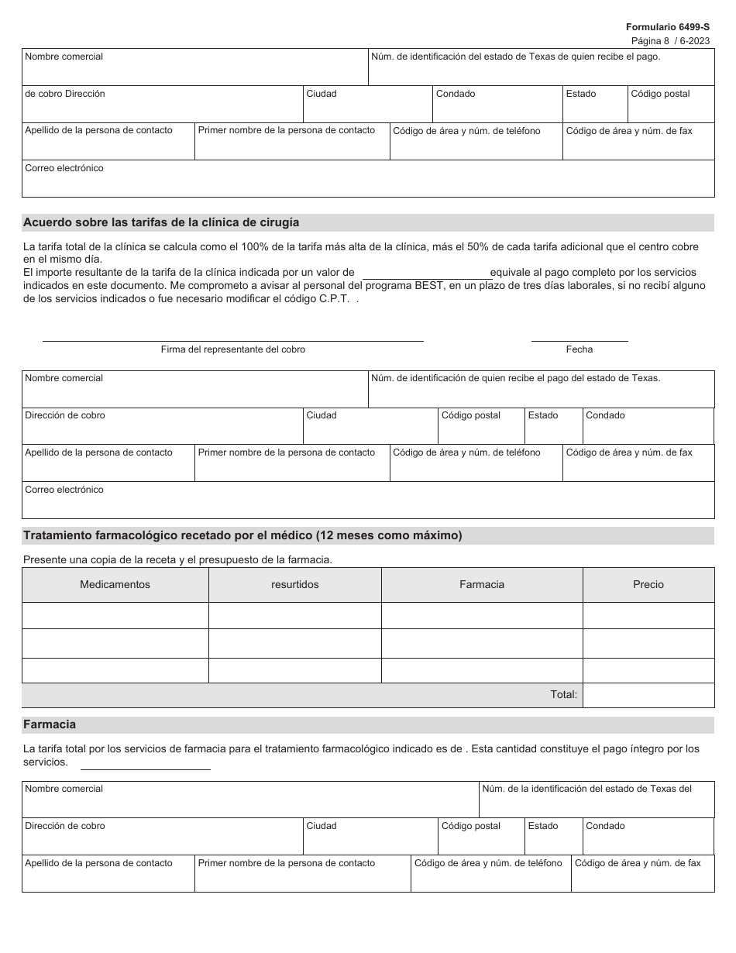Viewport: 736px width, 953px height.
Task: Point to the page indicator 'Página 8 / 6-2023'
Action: coord(670,40)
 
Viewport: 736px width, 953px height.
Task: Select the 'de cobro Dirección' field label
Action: coord(65,94)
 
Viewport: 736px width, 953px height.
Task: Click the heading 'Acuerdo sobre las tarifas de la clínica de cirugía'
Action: coord(161,222)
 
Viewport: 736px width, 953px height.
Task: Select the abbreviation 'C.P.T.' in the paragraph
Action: coord(335,298)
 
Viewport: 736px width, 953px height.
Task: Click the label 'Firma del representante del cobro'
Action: coord(233,349)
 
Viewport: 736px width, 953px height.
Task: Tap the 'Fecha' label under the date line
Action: coord(579,349)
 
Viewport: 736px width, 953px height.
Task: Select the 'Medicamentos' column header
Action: coord(115,585)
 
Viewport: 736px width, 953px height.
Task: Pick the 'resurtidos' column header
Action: coord(294,585)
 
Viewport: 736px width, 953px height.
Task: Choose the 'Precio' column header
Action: coord(648,585)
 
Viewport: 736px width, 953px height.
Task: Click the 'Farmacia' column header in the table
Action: coord(481,585)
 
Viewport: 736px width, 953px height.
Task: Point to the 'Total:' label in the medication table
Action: coord(563,695)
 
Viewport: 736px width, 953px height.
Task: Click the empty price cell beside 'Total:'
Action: coord(648,695)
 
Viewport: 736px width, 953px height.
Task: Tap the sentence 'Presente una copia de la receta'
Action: coord(177,559)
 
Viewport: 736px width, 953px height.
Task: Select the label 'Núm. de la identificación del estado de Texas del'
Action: coord(586,789)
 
